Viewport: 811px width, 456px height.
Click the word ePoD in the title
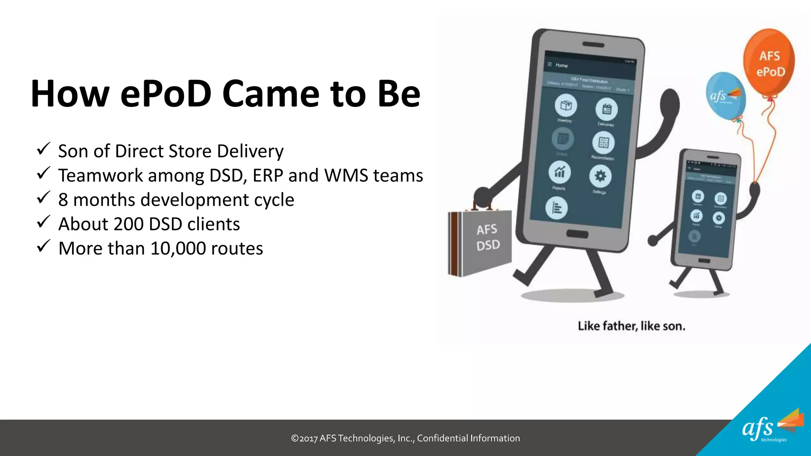[166, 94]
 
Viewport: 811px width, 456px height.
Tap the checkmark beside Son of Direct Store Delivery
[43, 149]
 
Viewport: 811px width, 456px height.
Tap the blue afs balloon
[725, 95]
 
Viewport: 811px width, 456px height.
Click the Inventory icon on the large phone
[565, 105]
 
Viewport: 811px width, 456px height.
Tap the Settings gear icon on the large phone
[600, 176]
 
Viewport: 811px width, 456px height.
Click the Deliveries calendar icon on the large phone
[607, 109]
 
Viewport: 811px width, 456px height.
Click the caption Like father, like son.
[631, 326]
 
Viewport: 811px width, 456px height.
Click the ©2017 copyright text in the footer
[405, 438]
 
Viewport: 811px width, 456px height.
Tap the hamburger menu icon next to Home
[550, 64]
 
